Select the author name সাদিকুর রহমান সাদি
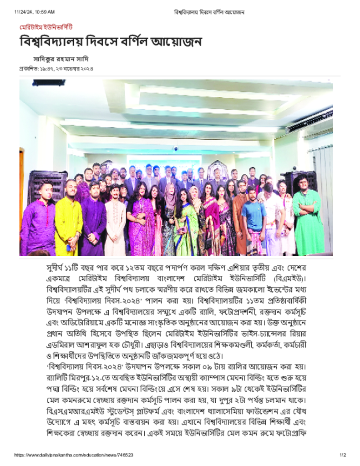[x=61, y=59]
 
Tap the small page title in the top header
[x=209, y=11]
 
